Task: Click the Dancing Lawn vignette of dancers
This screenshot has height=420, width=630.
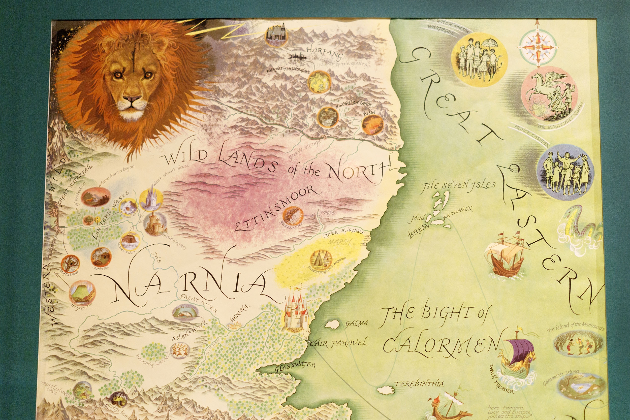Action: (180, 350)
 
